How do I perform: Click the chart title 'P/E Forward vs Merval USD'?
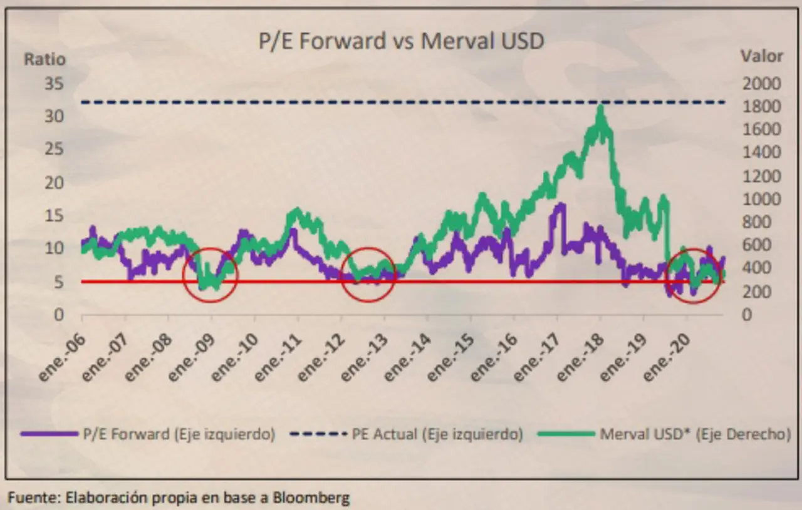[401, 41]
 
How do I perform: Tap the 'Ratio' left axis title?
[44, 59]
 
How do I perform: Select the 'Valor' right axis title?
[762, 56]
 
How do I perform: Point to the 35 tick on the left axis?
[54, 84]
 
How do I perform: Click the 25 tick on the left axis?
[54, 149]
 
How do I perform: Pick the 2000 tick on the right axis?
[761, 84]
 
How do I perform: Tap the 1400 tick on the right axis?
[761, 152]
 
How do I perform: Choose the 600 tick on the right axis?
[756, 245]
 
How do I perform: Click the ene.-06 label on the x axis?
[61, 358]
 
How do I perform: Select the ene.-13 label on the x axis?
[364, 358]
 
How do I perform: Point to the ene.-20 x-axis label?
[666, 358]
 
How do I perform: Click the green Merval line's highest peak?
[600, 106]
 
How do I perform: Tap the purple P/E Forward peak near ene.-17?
[561, 205]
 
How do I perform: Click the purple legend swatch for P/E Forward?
[49, 434]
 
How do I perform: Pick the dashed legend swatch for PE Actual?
[318, 434]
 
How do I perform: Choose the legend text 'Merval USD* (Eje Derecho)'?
[695, 434]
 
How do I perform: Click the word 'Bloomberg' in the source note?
[311, 498]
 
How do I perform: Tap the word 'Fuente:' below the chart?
[34, 497]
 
